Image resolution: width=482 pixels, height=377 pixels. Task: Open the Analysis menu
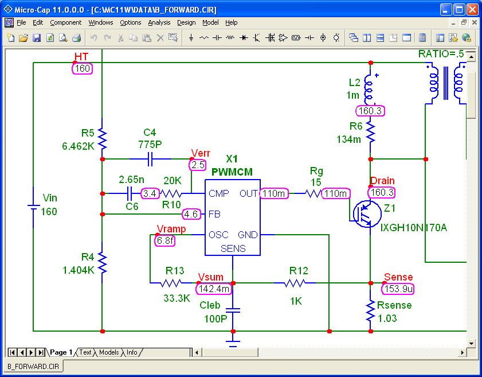tap(159, 22)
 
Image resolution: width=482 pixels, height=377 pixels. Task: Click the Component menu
tap(65, 22)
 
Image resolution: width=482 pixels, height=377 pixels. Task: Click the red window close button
tap(472, 9)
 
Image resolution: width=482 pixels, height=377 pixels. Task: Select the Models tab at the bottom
tap(108, 352)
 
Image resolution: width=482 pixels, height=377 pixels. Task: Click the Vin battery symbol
tap(33, 205)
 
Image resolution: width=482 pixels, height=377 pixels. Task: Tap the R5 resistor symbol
tap(102, 138)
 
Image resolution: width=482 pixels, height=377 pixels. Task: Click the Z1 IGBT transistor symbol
tap(366, 213)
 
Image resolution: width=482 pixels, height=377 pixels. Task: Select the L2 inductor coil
tap(370, 89)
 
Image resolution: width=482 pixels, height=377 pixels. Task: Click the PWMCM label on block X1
tap(232, 172)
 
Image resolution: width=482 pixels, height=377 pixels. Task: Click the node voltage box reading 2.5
tap(198, 165)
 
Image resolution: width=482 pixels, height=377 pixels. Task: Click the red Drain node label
tap(382, 181)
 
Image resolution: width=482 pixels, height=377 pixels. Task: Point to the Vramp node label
tap(171, 229)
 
